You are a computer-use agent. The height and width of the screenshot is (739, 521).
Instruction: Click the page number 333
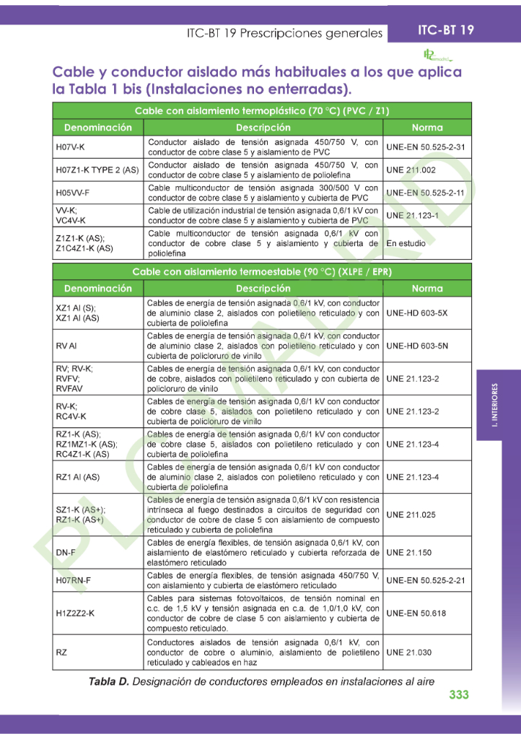tap(458, 694)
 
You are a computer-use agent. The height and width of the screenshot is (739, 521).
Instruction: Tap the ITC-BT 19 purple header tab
tap(446, 30)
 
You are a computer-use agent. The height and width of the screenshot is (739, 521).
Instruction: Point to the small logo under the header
tap(436, 55)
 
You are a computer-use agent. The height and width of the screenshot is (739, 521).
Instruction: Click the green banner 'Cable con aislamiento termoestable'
tap(261, 271)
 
